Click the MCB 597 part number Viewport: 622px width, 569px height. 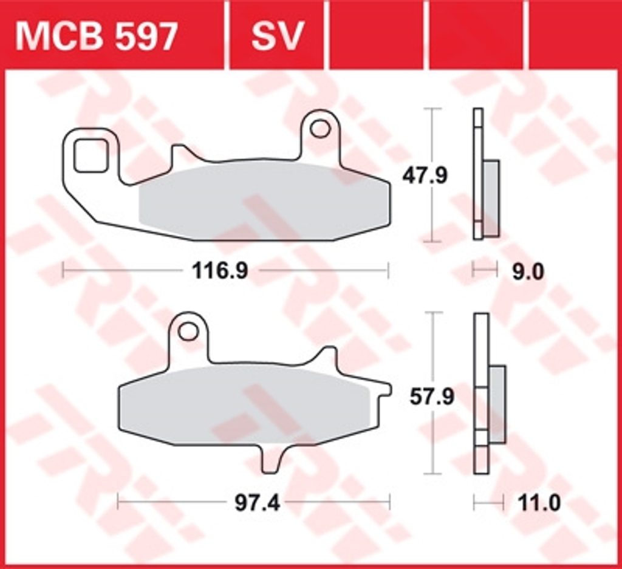pos(95,36)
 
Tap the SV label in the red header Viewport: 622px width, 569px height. pos(277,36)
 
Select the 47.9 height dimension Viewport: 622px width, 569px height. pos(425,175)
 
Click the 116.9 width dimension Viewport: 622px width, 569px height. pos(220,271)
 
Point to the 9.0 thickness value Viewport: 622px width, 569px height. pos(528,273)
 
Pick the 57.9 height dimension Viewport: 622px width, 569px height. pos(432,397)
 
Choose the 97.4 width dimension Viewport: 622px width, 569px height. pos(257,503)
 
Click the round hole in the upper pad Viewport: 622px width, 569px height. pos(320,129)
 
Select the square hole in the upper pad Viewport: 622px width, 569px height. pos(91,155)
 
